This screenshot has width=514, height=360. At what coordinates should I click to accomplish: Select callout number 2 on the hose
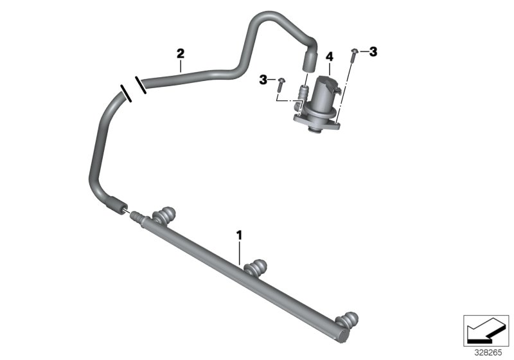181,52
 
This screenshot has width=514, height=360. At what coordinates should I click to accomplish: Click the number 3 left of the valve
263,79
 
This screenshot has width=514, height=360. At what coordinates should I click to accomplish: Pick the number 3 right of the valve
373,51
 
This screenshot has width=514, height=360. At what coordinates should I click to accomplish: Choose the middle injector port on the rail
257,266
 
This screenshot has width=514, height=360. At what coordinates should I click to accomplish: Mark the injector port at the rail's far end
348,319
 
